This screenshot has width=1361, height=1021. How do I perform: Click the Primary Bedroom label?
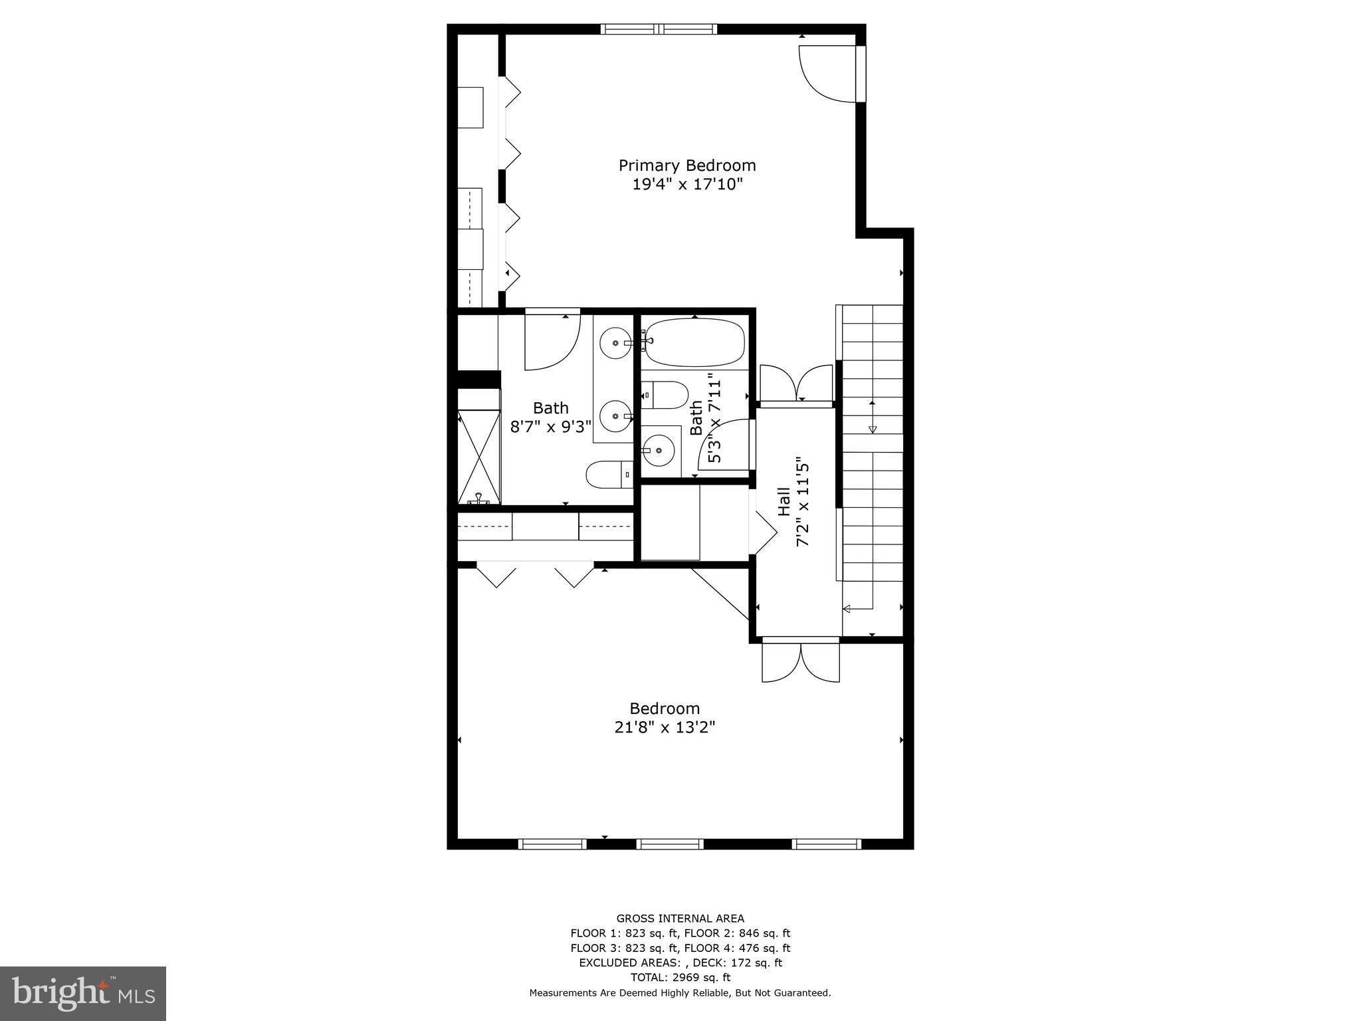(686, 165)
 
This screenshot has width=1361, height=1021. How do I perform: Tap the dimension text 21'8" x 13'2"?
(664, 727)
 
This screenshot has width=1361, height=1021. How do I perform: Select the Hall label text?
(784, 502)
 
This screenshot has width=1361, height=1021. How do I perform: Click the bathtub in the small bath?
(695, 342)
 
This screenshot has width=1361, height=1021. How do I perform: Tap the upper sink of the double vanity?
(615, 343)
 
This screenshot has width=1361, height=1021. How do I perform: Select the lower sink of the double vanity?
(615, 417)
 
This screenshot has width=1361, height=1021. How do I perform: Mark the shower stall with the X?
(479, 457)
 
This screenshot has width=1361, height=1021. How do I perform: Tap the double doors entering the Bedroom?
(800, 661)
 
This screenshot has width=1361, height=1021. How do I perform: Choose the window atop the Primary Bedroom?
(659, 29)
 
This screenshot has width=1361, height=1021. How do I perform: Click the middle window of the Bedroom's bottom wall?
(669, 844)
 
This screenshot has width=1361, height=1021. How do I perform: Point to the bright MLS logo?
(83, 992)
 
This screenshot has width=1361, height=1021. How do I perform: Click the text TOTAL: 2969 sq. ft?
(680, 977)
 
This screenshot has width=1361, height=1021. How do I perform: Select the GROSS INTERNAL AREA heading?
(680, 919)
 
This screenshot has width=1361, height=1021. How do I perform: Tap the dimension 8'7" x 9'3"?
(550, 427)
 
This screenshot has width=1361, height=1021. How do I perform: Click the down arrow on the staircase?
(873, 429)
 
